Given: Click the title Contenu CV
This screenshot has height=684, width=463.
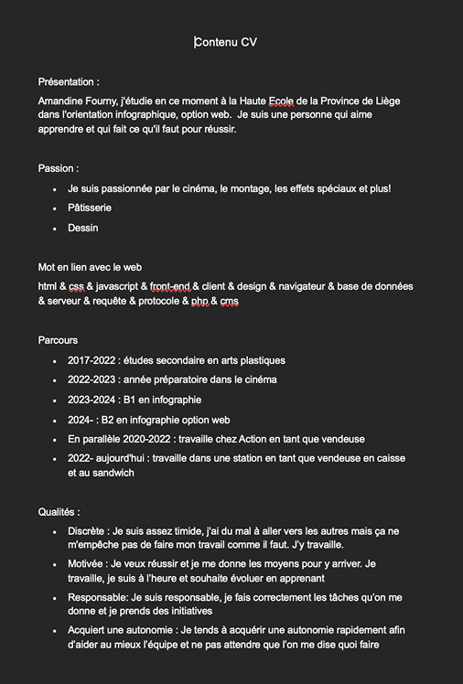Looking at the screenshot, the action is (232, 42).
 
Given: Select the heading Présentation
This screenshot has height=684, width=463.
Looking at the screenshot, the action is (69, 82).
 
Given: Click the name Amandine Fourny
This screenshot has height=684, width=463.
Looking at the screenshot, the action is (77, 101).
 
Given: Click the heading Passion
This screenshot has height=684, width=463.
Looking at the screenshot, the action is (58, 168).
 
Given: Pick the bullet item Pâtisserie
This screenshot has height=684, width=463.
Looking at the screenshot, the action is (90, 208).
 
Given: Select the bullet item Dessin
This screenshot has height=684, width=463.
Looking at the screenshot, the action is (83, 228).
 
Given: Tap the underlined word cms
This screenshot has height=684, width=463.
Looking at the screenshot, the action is (230, 302).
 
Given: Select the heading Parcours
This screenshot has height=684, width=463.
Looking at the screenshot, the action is (58, 340).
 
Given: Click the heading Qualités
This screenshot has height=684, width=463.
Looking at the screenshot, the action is (59, 512).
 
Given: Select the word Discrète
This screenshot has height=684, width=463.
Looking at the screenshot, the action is (87, 531).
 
